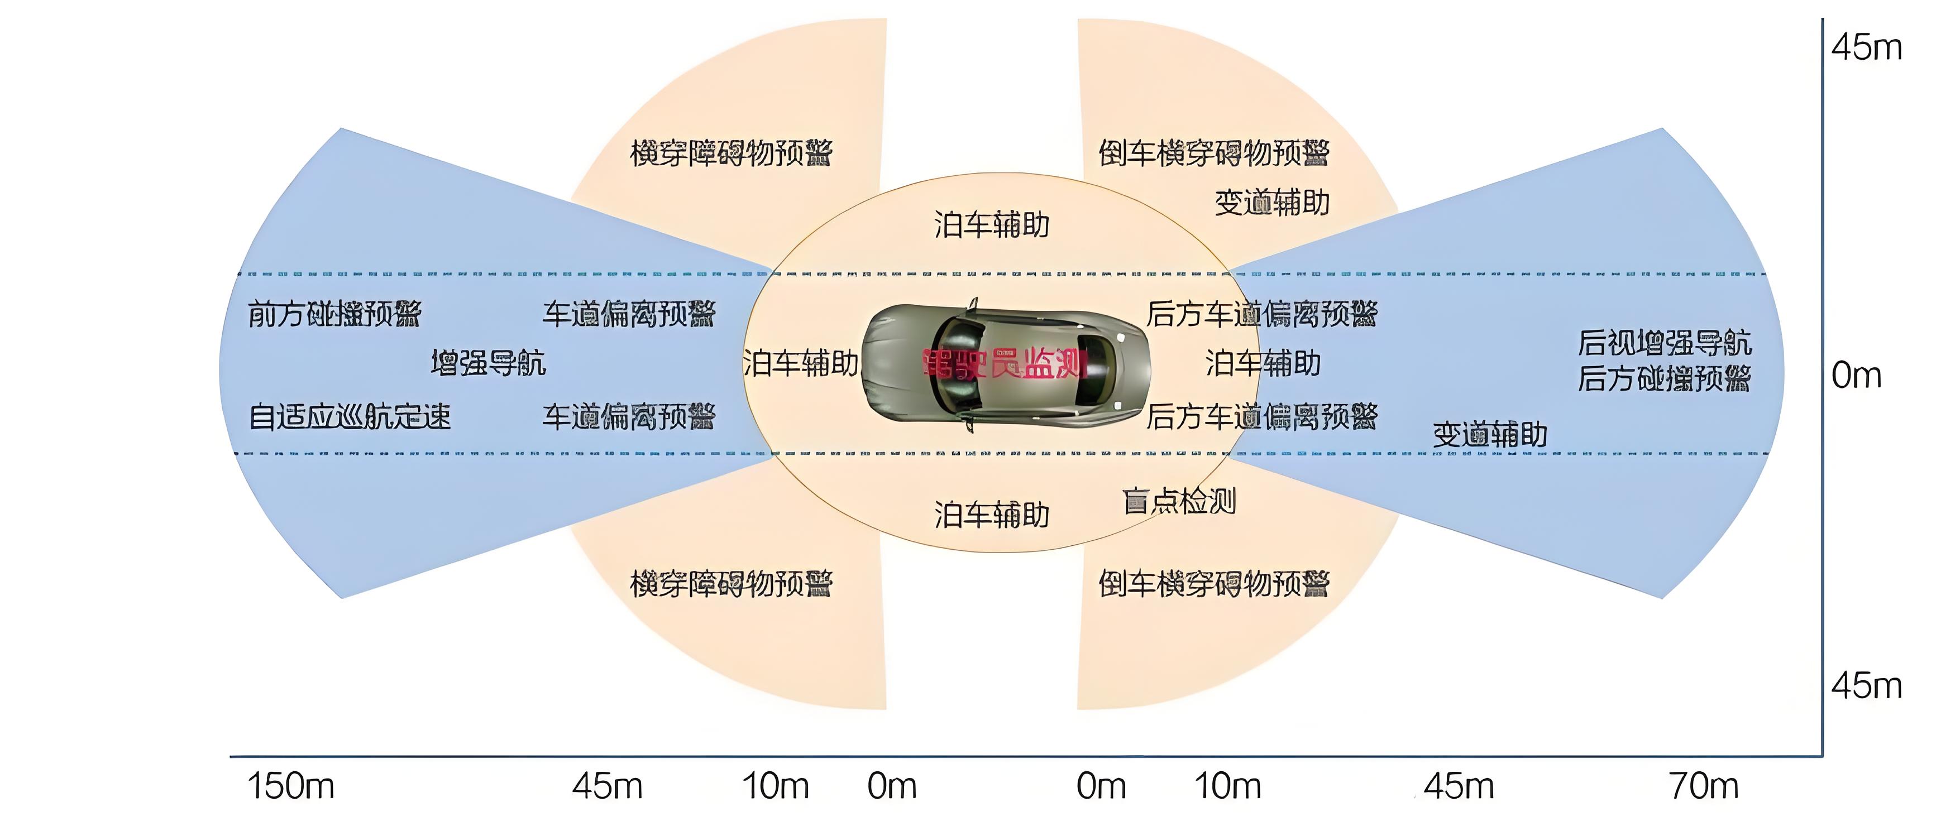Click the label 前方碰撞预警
[x=334, y=313]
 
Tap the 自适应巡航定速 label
[x=350, y=416]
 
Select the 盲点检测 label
[x=1179, y=501]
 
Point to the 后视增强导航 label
[x=1665, y=343]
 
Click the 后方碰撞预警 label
[x=1665, y=378]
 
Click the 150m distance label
[x=291, y=786]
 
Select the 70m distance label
[x=1704, y=786]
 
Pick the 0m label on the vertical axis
[x=1856, y=375]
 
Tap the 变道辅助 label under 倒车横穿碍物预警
[x=1272, y=203]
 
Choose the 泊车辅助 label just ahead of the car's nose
[x=800, y=364]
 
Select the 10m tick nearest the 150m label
[x=776, y=786]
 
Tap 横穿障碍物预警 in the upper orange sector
[x=731, y=153]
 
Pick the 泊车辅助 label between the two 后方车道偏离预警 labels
[x=1263, y=364]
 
